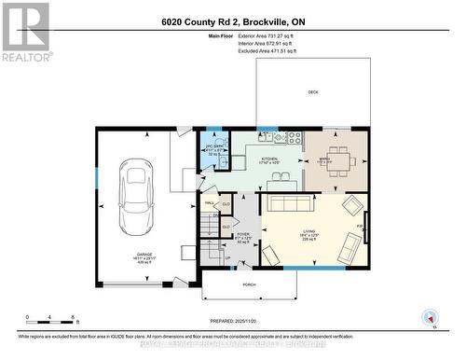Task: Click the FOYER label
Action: pos(241,235)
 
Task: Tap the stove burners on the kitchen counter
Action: pos(294,137)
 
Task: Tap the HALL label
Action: pos(210,201)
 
